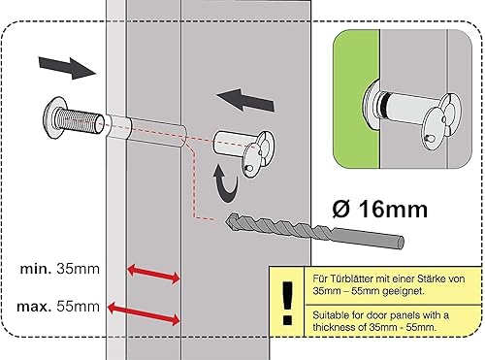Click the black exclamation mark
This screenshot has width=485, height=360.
(x=284, y=307)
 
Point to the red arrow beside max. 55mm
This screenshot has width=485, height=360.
(x=145, y=312)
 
